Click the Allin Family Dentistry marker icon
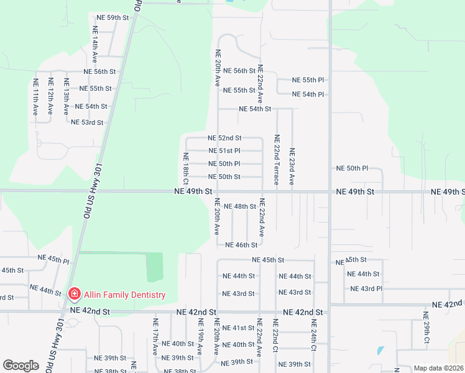[x=74, y=294]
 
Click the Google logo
[x=21, y=366]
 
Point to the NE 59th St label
[x=113, y=18]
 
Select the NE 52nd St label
[x=224, y=138]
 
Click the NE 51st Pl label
[x=224, y=151]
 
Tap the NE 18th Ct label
[x=185, y=168]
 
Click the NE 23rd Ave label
[x=292, y=167]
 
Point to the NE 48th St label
[x=240, y=206]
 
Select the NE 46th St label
[x=241, y=246]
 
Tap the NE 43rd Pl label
[x=366, y=289]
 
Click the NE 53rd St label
[x=87, y=122]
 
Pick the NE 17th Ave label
[x=155, y=336]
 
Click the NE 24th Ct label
[x=314, y=336]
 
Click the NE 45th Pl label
[x=53, y=257]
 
